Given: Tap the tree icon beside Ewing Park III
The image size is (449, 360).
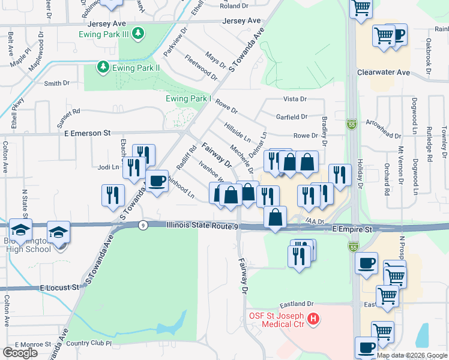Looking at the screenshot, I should (139, 32).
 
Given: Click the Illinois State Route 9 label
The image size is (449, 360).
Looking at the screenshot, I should (202, 226).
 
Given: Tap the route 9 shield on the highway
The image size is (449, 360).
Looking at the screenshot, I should (142, 226).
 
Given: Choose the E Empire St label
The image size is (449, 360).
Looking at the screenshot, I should (352, 229).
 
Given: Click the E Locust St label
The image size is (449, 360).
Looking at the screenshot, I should (60, 288).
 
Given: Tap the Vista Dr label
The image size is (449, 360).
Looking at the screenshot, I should (295, 99).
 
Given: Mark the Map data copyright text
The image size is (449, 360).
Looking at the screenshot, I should (412, 355).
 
